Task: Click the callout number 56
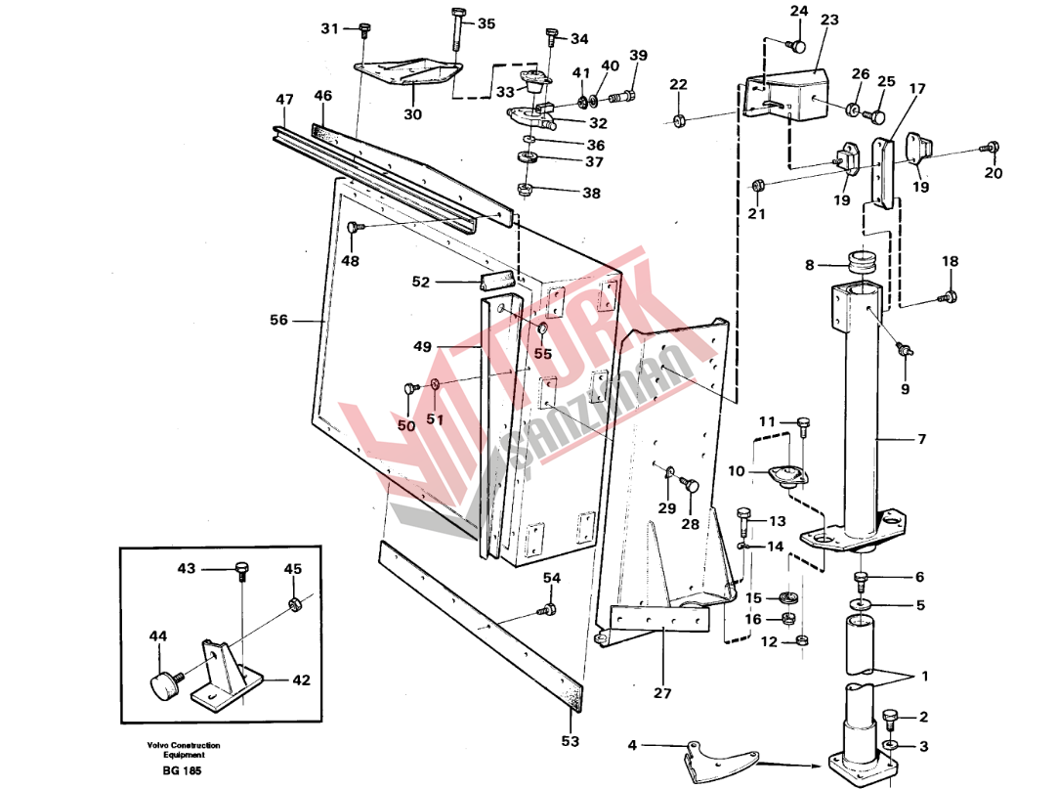[278, 320]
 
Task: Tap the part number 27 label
[662, 693]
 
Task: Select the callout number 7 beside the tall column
[921, 439]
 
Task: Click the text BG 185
[182, 770]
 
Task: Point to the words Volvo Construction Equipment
[184, 750]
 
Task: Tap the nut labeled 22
[679, 119]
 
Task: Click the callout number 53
[571, 741]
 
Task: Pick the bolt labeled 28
[690, 485]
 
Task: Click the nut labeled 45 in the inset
[294, 602]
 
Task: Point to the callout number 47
[284, 100]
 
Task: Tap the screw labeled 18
[948, 296]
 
